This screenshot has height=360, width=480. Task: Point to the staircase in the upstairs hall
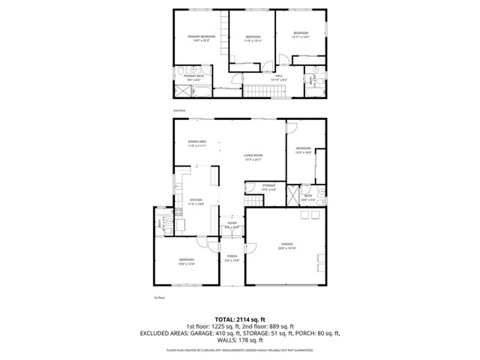(x=265, y=91)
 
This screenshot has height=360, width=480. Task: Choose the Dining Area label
(x=197, y=143)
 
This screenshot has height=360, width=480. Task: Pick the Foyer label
(x=232, y=224)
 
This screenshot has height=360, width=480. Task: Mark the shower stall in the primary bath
(x=183, y=90)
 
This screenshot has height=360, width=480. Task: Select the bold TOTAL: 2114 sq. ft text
(x=240, y=319)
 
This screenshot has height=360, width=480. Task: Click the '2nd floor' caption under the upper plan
(x=178, y=109)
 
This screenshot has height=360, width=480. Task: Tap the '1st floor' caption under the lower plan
(x=158, y=297)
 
